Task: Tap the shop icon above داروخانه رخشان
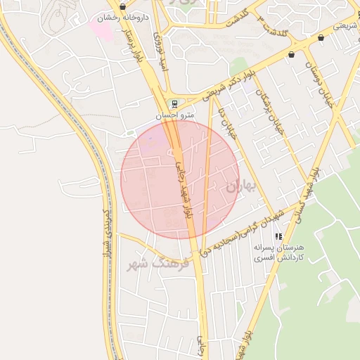(x=123, y=6)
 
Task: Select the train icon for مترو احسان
(x=174, y=103)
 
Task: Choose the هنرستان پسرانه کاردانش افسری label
(x=279, y=254)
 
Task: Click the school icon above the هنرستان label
(x=278, y=237)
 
